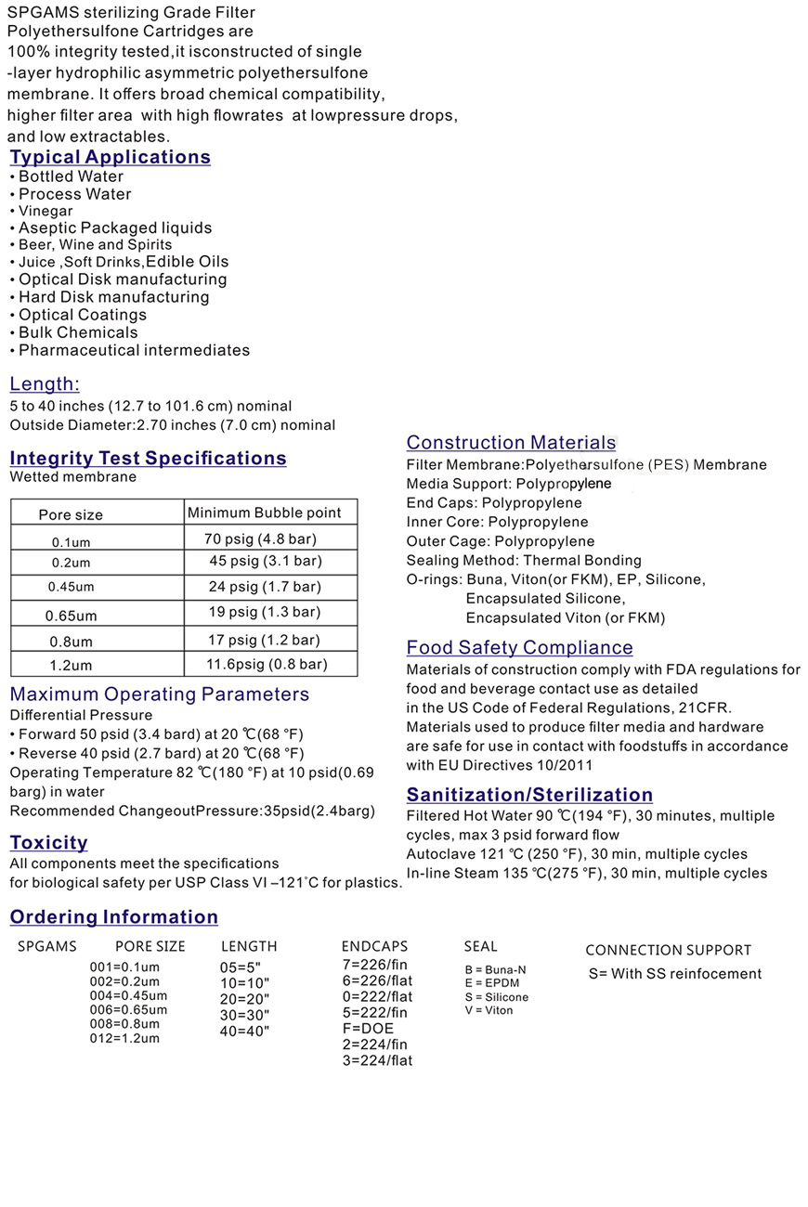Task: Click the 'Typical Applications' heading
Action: [x=111, y=157]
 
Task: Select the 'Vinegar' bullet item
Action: [x=46, y=211]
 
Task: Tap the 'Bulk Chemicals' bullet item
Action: [x=78, y=332]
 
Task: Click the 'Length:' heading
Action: [x=45, y=384]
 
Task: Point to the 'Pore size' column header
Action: [x=71, y=514]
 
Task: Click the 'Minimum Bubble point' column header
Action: [x=264, y=513]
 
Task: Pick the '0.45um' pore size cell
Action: [x=72, y=587]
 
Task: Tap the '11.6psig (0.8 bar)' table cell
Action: [x=267, y=664]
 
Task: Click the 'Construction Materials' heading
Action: [x=511, y=443]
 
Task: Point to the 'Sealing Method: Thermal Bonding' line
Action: [x=524, y=560]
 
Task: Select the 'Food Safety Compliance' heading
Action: [x=519, y=647]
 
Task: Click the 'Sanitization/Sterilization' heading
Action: [x=529, y=795]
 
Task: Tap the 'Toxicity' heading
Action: [x=48, y=842]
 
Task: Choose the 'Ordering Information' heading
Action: [x=114, y=917]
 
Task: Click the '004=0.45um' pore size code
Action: [x=128, y=996]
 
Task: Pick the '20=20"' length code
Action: [x=244, y=998]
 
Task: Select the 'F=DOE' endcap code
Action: [x=367, y=1028]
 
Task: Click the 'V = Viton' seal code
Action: [x=489, y=1010]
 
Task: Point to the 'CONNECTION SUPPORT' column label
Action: [x=668, y=950]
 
